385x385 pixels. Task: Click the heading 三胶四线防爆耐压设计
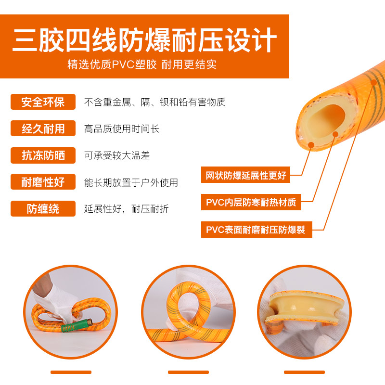pos(144,39)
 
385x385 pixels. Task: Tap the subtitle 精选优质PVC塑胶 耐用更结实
pos(142,64)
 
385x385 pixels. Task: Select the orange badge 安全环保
pos(43,102)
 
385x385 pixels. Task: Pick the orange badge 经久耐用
pos(43,128)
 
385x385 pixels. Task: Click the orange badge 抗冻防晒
pos(43,155)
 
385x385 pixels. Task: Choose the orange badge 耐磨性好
pos(43,182)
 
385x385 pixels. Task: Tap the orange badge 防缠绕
pos(43,209)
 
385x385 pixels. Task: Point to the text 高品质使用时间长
pos(122,128)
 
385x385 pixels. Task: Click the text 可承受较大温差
pos(117,155)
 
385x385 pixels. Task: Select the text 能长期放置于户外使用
pos(131,182)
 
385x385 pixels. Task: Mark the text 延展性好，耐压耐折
pos(127,209)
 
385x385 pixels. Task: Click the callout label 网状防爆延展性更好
pos(245,175)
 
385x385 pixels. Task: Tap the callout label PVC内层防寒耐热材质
pos(251,202)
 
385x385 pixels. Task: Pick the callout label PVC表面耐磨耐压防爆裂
pos(257,230)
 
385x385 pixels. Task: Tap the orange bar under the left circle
pos(71,372)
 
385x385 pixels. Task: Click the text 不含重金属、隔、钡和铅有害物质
pos(155,102)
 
